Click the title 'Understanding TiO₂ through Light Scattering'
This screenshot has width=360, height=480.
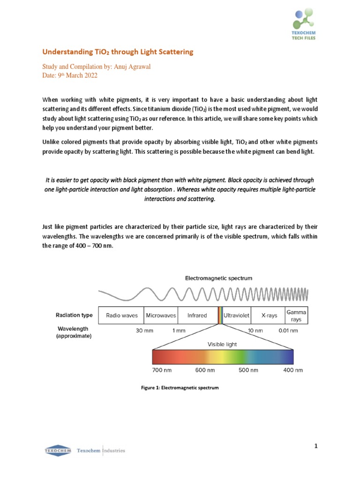[118, 52]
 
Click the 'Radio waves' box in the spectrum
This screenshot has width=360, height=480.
[122, 315]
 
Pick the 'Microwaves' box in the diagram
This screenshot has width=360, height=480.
[161, 315]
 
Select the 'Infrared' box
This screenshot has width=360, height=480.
[197, 315]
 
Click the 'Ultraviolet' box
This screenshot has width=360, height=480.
[237, 315]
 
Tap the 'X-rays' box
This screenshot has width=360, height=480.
[269, 315]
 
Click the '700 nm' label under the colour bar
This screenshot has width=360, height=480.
[162, 370]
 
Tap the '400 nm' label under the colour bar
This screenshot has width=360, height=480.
[293, 370]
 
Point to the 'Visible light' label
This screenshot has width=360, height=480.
[222, 344]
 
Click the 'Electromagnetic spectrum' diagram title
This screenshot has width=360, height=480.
[218, 278]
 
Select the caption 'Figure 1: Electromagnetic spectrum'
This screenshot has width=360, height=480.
[180, 388]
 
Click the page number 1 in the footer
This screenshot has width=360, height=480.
[316, 446]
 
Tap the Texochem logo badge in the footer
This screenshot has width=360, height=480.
[58, 450]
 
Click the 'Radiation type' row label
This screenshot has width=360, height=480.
[74, 315]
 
